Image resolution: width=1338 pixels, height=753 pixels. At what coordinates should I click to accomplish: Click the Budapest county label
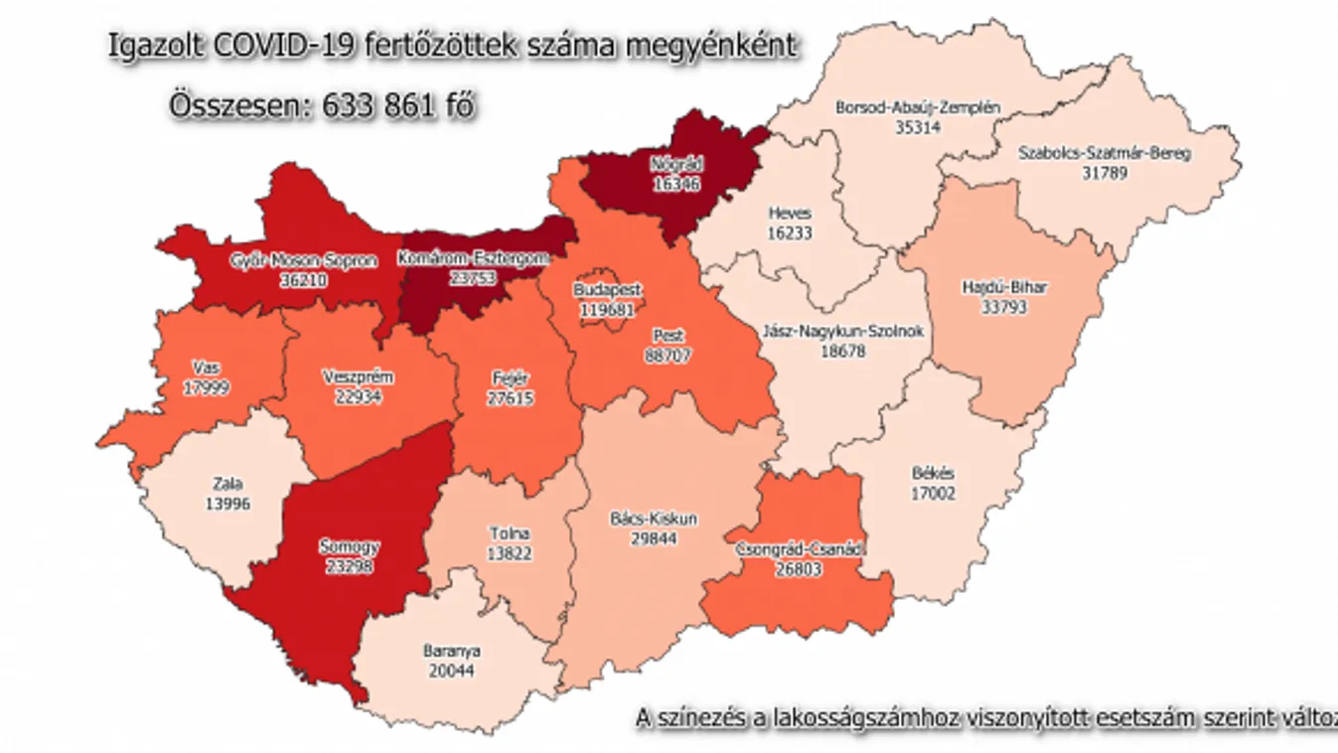[607, 289]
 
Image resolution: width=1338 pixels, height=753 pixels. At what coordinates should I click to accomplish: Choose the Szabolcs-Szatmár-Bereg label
[1105, 153]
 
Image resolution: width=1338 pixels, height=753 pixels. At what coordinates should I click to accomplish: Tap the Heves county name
[790, 213]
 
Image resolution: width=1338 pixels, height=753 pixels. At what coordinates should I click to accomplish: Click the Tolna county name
[510, 534]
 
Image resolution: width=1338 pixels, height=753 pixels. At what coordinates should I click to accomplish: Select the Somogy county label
[350, 547]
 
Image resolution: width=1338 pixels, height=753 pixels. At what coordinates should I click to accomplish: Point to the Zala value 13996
[229, 504]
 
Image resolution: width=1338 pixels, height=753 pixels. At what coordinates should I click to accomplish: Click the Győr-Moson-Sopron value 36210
[304, 280]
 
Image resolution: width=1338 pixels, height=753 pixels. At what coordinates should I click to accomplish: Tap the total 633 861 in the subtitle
[380, 105]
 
